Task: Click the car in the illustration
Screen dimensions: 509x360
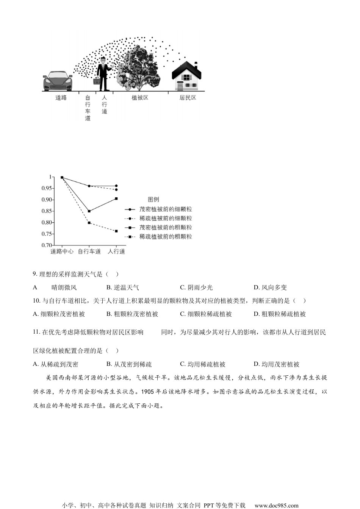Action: (57, 81)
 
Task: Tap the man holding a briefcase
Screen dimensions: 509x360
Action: (103, 74)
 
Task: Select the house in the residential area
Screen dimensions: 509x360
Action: (186, 76)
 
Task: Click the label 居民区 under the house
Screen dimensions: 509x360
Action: (188, 98)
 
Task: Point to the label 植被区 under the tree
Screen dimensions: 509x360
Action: (139, 98)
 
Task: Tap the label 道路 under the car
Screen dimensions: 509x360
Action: (61, 98)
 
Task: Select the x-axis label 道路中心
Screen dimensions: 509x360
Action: (62, 251)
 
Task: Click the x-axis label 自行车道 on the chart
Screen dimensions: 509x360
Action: (89, 251)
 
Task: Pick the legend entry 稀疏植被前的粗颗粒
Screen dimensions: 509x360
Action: (166, 237)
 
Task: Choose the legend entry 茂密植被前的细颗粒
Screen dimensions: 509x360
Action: (166, 209)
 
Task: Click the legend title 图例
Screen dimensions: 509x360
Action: (153, 200)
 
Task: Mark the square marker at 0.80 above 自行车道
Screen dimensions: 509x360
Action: (89, 223)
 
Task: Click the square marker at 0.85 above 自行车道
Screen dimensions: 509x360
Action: (89, 211)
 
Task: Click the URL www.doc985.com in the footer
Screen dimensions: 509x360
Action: (276, 505)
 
